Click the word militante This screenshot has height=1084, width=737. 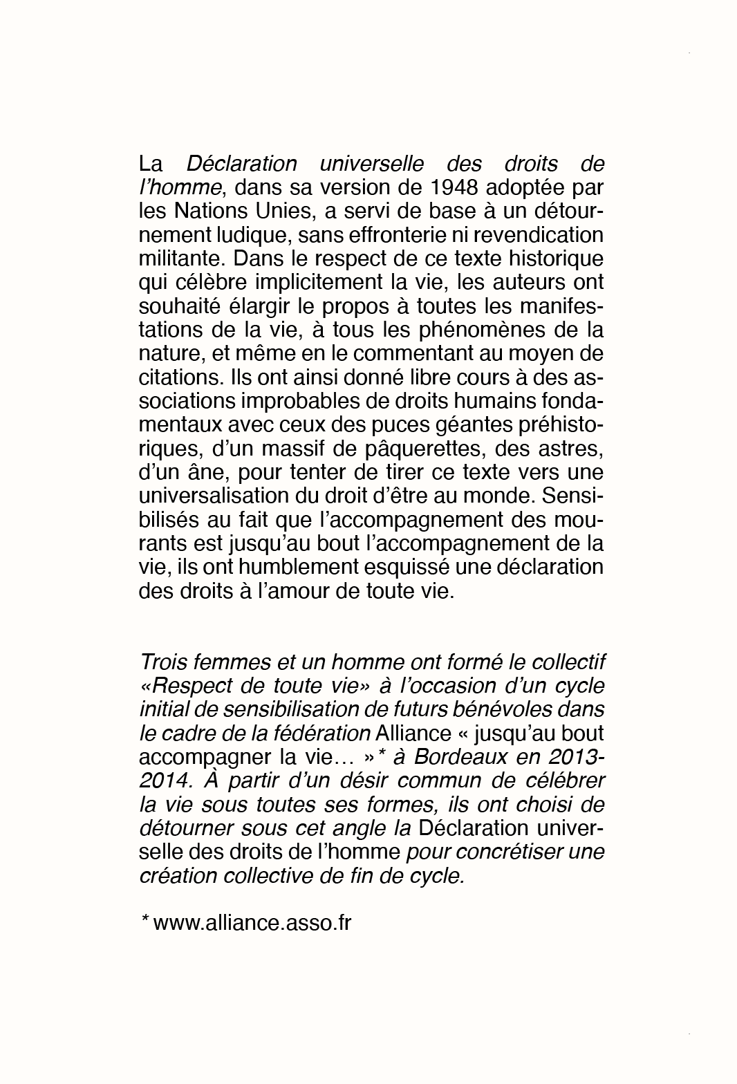(180, 259)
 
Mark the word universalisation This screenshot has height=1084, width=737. (222, 496)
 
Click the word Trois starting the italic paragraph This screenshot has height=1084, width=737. (164, 662)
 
